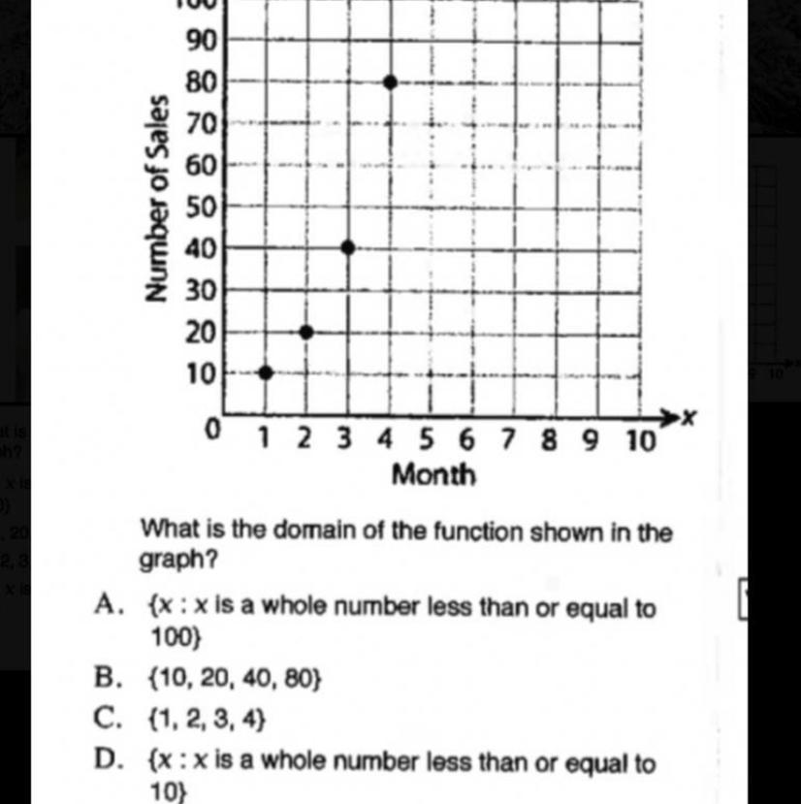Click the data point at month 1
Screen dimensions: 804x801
point(266,372)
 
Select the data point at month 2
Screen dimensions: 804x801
point(306,332)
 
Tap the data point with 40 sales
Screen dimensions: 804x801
point(348,247)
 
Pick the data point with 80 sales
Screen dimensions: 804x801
point(390,82)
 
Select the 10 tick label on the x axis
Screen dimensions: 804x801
point(639,441)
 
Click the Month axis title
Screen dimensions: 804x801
point(433,475)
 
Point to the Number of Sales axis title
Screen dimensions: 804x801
point(159,198)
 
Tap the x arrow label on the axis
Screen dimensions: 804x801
point(689,418)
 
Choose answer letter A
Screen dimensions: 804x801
point(107,606)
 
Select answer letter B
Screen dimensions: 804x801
point(106,678)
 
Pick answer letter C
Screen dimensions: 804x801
point(107,719)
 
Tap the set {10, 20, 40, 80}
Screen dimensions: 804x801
point(235,679)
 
